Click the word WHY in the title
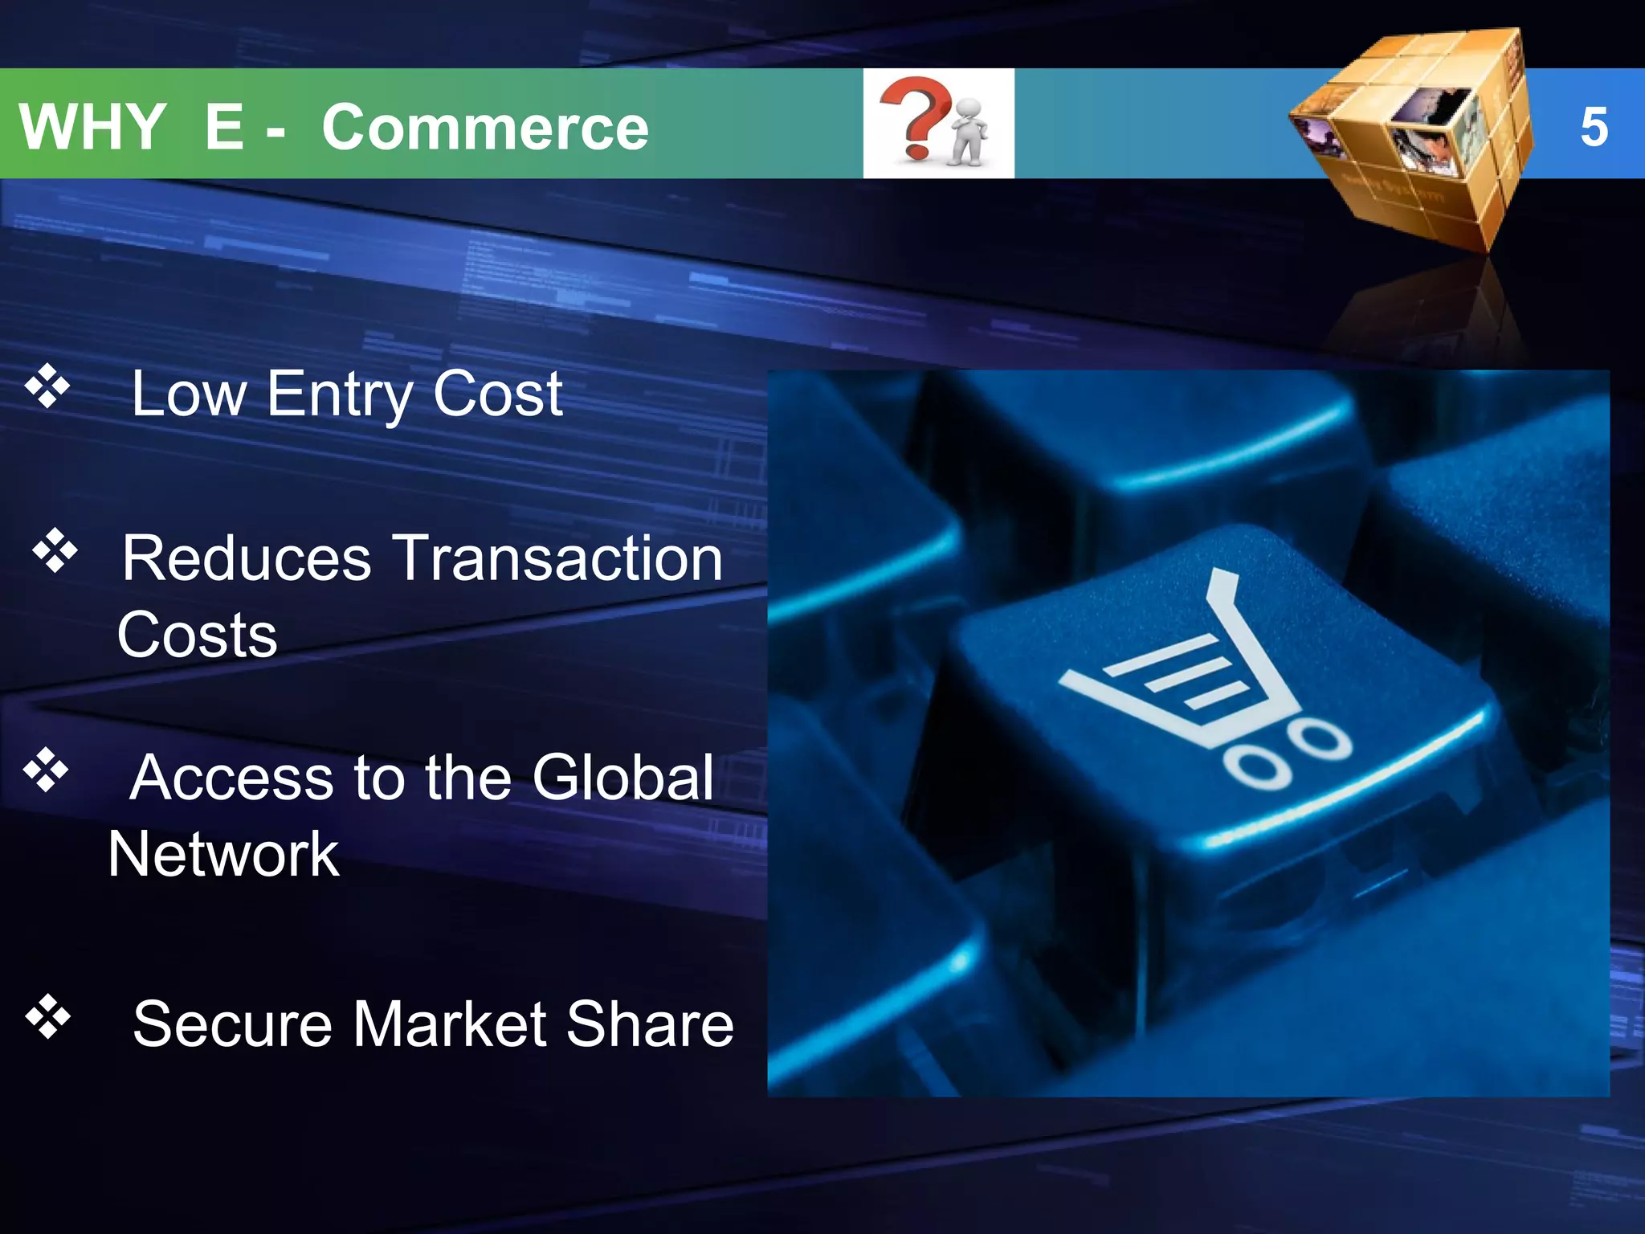pyautogui.click(x=92, y=127)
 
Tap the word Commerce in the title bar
pyautogui.click(x=485, y=127)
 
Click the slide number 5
pyautogui.click(x=1594, y=127)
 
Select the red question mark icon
pyautogui.click(x=914, y=116)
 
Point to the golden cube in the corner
pyautogui.click(x=1414, y=137)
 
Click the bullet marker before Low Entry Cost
pyautogui.click(x=48, y=386)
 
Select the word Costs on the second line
pyautogui.click(x=198, y=635)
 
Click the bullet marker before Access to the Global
pyautogui.click(x=47, y=770)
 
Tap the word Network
pyautogui.click(x=223, y=854)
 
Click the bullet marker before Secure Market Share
pyautogui.click(x=48, y=1016)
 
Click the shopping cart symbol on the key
pyautogui.click(x=1205, y=683)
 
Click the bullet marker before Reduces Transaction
pyautogui.click(x=55, y=551)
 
